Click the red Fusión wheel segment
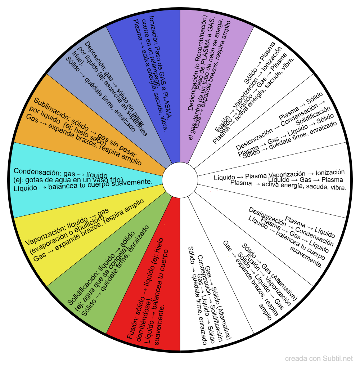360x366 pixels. coord(151,288)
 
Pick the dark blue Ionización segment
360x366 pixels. coord(151,72)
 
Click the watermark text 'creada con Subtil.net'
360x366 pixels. coord(319,359)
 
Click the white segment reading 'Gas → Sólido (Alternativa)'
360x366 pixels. coord(209,295)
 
